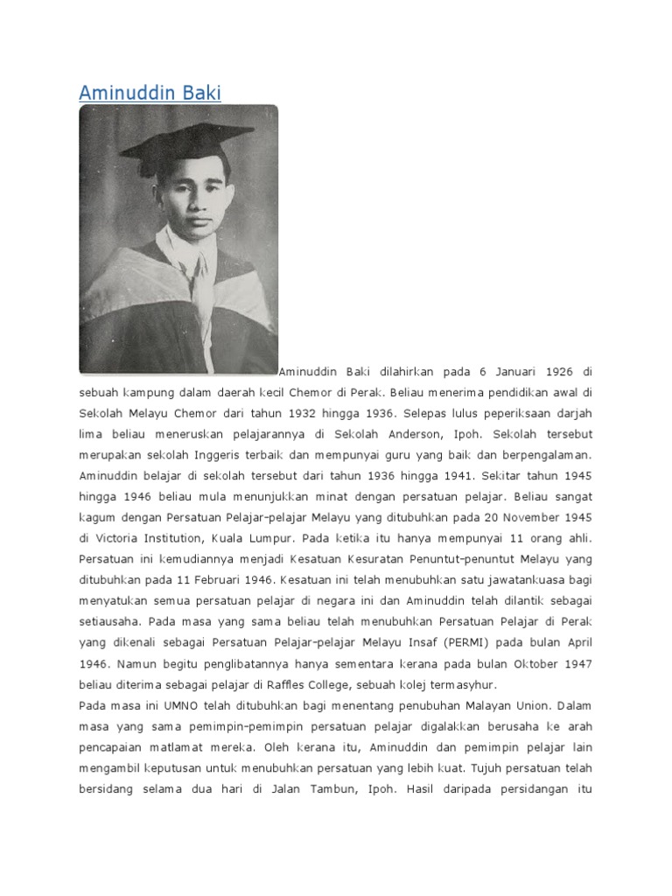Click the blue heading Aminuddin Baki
[x=150, y=93]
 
